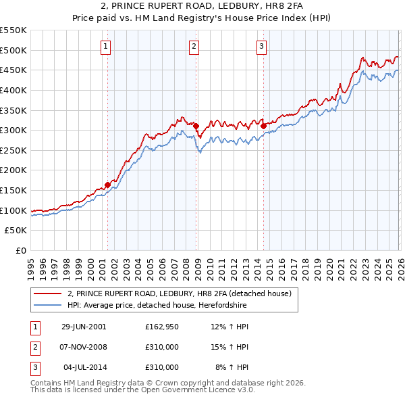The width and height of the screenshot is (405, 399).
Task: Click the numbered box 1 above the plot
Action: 107,47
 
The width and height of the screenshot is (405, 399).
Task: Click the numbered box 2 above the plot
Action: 194,47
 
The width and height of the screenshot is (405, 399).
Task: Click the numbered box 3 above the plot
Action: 261,47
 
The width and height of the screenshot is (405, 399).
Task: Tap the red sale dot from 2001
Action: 107,184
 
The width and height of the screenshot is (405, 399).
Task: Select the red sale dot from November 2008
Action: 196,126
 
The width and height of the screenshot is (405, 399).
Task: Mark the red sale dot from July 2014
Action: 263,126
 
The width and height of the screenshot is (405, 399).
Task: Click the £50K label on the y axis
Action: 16,231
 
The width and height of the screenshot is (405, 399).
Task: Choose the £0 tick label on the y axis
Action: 21,251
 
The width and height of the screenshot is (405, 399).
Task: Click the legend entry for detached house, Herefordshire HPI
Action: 157,306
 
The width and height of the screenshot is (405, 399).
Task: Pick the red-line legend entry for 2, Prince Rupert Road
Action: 179,294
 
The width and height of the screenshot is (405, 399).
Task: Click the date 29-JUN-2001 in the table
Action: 84,327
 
